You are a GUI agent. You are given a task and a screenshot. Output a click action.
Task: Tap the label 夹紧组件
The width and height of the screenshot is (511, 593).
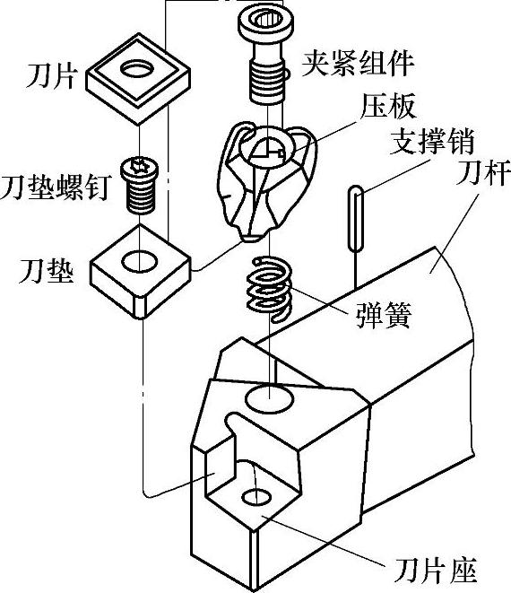coord(358,63)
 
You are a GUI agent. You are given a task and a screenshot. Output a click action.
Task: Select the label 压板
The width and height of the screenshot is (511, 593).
coord(388,106)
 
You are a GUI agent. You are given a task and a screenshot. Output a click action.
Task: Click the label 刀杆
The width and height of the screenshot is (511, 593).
coord(483,172)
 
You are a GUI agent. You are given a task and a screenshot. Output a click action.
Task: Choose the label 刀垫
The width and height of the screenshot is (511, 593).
coord(47,271)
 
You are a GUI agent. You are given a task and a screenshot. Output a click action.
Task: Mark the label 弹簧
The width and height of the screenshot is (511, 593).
coord(384,315)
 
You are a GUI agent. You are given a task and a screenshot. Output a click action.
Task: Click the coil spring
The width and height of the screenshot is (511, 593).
coord(269,288)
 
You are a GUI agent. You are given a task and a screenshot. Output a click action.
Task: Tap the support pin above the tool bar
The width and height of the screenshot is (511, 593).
coord(356,219)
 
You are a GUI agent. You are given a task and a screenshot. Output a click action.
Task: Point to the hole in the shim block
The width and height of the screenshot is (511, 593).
coord(140,261)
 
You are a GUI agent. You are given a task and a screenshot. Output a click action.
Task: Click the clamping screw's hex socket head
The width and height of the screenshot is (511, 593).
coord(266,22)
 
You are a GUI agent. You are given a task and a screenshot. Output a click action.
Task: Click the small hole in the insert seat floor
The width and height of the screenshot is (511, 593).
coord(256,497)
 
